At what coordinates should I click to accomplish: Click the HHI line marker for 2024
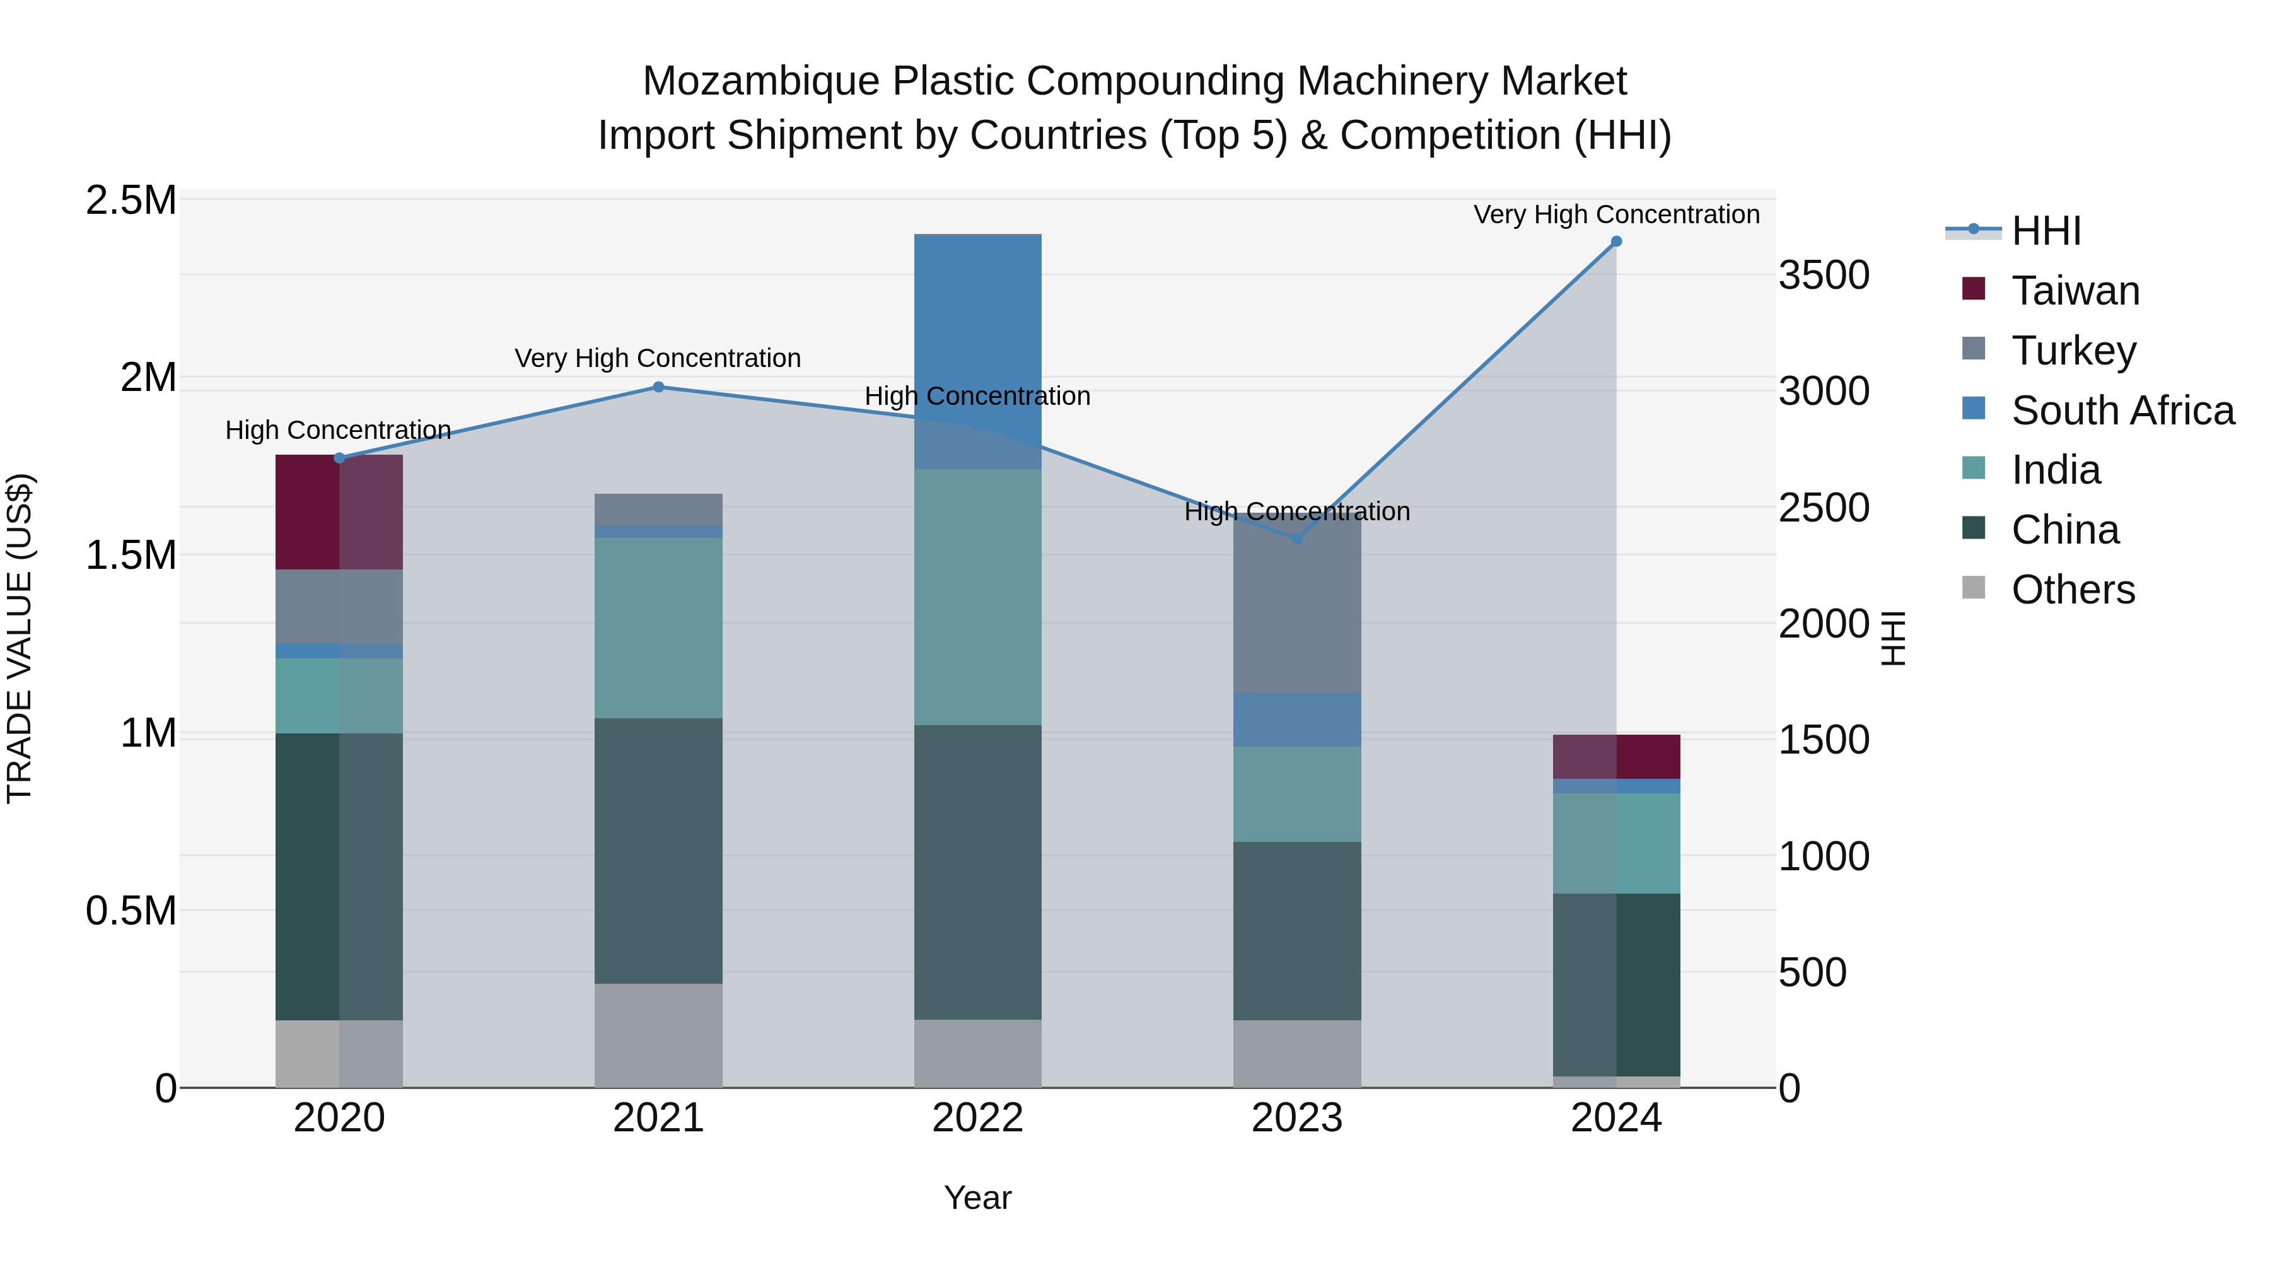pos(1616,242)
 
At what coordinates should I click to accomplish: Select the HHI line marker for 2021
pos(658,387)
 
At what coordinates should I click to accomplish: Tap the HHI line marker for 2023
pos(1297,539)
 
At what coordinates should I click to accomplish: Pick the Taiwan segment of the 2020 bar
pos(339,512)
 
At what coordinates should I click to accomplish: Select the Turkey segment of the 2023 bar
pos(1297,608)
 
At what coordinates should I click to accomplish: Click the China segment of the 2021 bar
pos(658,851)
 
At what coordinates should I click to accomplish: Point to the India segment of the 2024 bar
pos(1616,843)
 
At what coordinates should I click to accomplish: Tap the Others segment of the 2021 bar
pos(658,1035)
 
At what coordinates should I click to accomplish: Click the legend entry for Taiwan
pos(2075,291)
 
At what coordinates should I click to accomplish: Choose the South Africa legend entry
pos(2122,411)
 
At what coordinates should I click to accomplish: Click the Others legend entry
pos(2072,590)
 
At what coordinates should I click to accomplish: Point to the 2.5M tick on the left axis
pos(131,201)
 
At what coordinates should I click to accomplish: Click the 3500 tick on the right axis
pos(1823,276)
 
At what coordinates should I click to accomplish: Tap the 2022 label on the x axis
pos(978,1118)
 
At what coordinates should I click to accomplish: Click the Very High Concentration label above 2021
pos(658,359)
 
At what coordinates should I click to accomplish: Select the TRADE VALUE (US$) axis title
pos(20,638)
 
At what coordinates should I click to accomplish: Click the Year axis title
pos(978,1198)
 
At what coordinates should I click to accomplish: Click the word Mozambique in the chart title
pos(760,82)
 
